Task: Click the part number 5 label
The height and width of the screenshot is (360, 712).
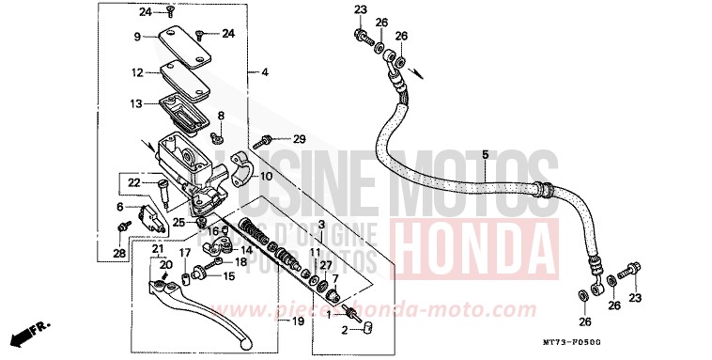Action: tap(486, 154)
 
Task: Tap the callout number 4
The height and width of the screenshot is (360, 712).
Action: tap(264, 72)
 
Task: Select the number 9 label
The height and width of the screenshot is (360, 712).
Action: tap(136, 37)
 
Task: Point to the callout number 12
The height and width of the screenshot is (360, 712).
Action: tap(137, 72)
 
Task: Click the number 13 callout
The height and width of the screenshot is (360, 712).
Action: tap(137, 103)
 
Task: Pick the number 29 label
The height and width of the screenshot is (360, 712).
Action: tap(299, 139)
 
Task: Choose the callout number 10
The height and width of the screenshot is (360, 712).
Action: tap(266, 176)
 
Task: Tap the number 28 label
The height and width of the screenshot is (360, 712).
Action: tap(119, 253)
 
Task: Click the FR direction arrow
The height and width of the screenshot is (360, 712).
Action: tap(28, 332)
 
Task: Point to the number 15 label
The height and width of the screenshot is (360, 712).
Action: tap(228, 276)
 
